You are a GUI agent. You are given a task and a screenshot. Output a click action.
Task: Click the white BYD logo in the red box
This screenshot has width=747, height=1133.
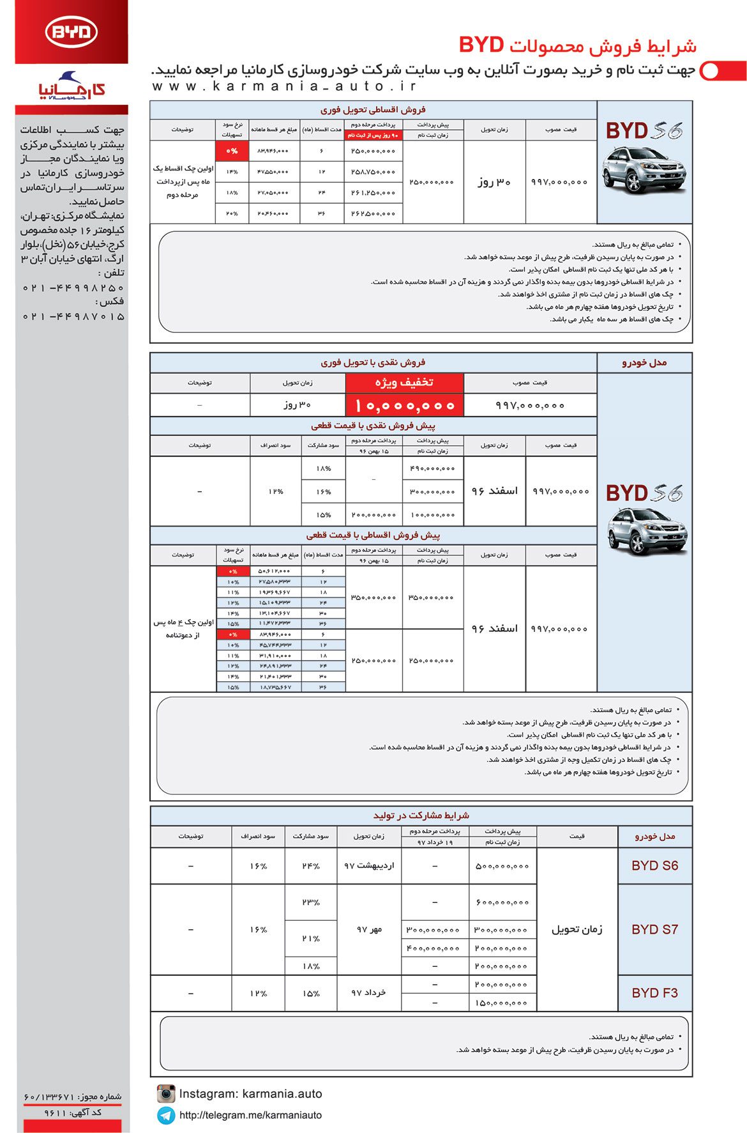pos(71,33)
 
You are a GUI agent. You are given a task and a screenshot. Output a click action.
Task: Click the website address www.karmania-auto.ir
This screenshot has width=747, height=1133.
pos(284,86)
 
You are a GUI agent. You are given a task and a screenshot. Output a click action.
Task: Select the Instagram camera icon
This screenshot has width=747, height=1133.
pos(166,1093)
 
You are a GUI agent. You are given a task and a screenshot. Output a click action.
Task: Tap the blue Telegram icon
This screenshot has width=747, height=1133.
pos(166,1115)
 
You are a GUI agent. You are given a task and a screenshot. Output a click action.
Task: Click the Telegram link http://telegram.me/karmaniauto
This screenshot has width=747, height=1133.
pos(250,1115)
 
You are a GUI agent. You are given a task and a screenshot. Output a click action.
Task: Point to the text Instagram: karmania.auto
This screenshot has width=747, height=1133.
pos(250,1093)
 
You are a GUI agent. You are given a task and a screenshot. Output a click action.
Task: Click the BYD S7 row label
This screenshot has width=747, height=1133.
pos(654,929)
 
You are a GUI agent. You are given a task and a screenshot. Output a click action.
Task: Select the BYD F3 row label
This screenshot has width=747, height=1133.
pos(654,992)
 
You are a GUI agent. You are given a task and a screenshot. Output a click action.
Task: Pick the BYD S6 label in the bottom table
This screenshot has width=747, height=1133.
pos(654,865)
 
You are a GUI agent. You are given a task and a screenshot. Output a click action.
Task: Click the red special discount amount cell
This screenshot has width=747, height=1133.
pos(404,405)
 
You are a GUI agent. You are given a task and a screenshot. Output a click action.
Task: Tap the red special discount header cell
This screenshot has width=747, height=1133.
pos(404,382)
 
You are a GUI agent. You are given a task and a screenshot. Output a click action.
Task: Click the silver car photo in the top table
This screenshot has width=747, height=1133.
pos(644,169)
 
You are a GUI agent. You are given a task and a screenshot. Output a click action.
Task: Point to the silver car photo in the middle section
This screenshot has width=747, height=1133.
pos(646,530)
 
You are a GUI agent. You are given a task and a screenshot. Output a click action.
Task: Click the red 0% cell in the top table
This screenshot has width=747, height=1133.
pos(231,151)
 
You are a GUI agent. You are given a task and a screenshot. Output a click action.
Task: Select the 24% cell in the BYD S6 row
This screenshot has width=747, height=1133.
pos(311,866)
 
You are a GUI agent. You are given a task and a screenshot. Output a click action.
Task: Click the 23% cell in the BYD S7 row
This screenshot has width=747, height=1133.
pos(311,902)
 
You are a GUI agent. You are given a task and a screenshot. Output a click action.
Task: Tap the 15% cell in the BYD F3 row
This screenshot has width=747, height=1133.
pos(311,993)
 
